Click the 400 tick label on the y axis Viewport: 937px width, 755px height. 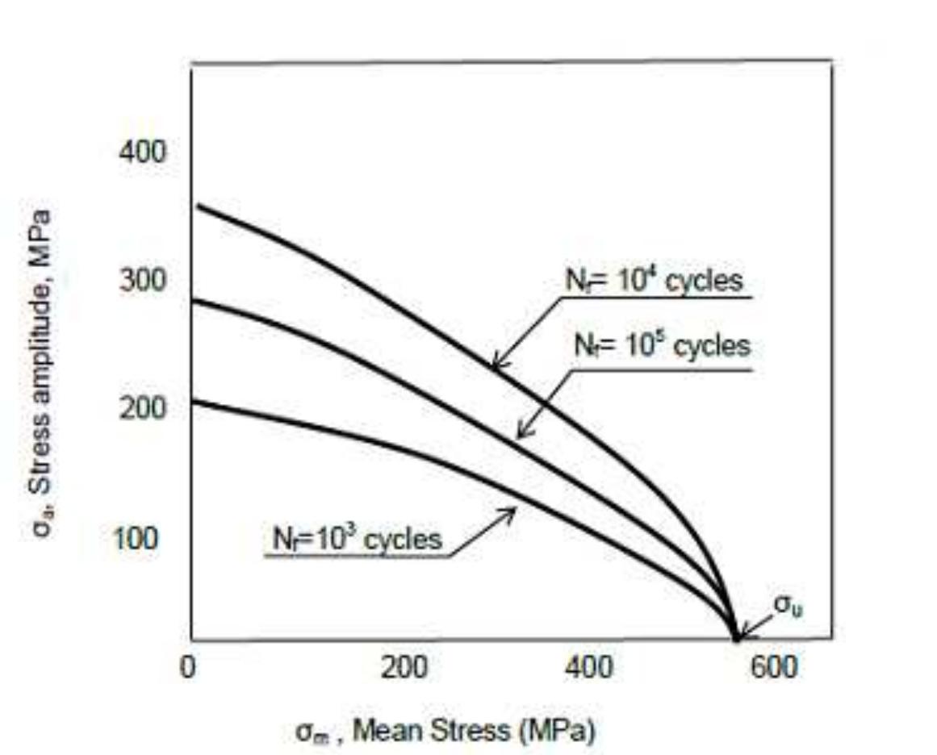(x=143, y=152)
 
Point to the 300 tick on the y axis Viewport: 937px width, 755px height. (x=143, y=281)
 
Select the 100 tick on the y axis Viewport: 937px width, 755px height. (x=135, y=537)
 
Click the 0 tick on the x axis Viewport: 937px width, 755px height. (x=189, y=669)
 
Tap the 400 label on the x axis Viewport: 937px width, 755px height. (x=588, y=669)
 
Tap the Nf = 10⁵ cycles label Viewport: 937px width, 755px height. (x=662, y=347)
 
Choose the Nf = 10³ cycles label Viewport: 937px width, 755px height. (x=353, y=539)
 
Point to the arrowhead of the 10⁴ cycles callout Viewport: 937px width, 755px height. (x=493, y=369)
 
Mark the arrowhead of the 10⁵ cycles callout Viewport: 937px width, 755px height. (x=519, y=438)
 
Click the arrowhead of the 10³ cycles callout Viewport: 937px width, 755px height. (x=513, y=508)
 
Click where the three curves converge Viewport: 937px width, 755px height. (x=734, y=640)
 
